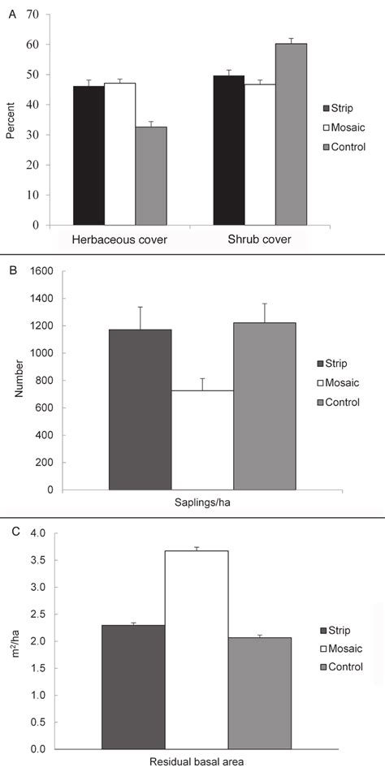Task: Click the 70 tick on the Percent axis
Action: click(x=34, y=15)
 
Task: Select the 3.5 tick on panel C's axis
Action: click(x=33, y=560)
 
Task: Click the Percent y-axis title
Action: click(x=11, y=122)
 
